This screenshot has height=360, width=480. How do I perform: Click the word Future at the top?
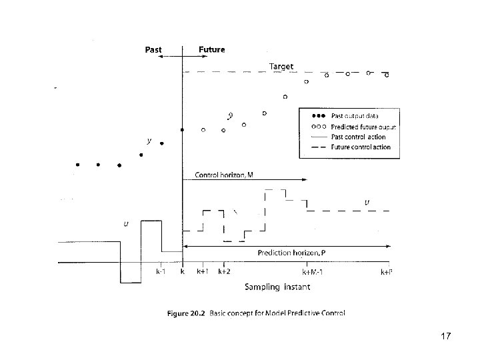coord(212,49)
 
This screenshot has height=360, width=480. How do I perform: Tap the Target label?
coord(281,66)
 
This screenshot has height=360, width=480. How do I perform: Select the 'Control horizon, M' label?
coord(224,175)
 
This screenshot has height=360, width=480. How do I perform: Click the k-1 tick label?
coord(161,272)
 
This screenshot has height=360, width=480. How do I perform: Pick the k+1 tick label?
coord(203,272)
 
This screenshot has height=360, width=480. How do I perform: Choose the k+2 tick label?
coord(224,272)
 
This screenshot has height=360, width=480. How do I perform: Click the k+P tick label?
coord(386,272)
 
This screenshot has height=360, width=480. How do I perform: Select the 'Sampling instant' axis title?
coord(277,287)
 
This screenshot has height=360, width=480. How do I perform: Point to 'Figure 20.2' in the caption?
coord(186,313)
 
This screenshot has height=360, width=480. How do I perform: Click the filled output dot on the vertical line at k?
coord(182,129)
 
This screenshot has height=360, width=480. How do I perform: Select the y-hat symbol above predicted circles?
coord(230,115)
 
